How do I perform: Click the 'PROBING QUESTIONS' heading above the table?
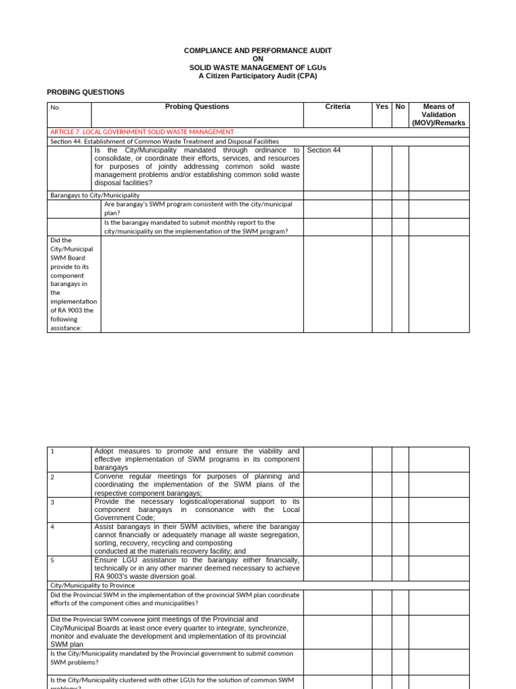(85, 92)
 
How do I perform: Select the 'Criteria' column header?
(337, 107)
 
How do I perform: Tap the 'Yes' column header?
(382, 107)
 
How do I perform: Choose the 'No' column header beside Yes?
(400, 107)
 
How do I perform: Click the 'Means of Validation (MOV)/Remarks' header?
(439, 114)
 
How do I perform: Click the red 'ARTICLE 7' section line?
(142, 132)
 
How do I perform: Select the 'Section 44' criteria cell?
(324, 150)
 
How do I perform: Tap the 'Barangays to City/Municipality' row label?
(95, 195)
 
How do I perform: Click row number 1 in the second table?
(53, 451)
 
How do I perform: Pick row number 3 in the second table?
(53, 502)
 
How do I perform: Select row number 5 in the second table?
(53, 560)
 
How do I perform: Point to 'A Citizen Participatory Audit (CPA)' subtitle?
(258, 76)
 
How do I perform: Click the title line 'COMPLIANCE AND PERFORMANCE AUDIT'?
(258, 50)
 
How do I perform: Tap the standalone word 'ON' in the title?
(258, 59)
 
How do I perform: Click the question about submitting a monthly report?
(196, 227)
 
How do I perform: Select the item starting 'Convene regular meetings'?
(197, 484)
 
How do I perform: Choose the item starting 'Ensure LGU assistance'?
(197, 568)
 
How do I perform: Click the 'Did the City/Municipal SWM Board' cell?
(73, 283)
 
